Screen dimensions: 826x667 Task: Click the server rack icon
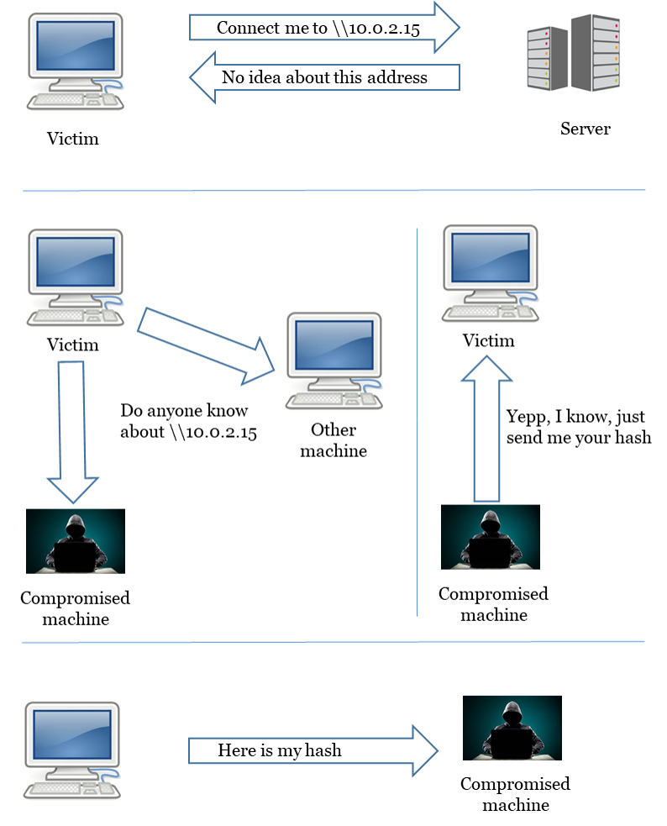point(574,52)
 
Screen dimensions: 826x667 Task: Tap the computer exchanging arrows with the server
point(76,61)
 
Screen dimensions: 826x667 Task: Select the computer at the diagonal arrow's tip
point(334,360)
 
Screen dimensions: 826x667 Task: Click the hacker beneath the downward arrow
point(75,541)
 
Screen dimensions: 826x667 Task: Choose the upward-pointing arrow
point(486,429)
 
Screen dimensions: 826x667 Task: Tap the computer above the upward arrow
point(491,273)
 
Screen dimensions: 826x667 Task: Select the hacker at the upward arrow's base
point(490,537)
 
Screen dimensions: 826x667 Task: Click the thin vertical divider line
point(418,420)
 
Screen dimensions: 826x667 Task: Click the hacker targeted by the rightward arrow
point(512,728)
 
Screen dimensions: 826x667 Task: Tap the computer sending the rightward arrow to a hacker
point(72,750)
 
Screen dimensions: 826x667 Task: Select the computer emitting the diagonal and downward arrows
point(76,277)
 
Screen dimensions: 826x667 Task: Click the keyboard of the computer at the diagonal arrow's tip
point(323,399)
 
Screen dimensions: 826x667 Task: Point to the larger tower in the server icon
point(596,52)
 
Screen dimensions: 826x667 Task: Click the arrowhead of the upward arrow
point(486,369)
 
